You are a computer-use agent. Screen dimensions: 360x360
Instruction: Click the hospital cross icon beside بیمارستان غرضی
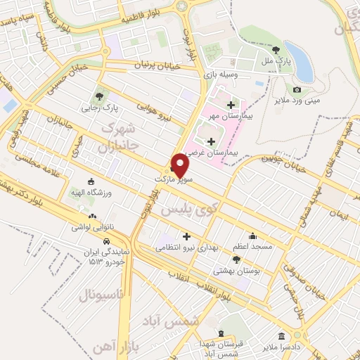212,141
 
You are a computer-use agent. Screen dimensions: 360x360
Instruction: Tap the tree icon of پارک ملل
276,49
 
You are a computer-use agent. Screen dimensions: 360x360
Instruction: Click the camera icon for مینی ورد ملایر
297,89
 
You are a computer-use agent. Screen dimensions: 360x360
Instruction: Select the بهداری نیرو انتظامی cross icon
186,236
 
